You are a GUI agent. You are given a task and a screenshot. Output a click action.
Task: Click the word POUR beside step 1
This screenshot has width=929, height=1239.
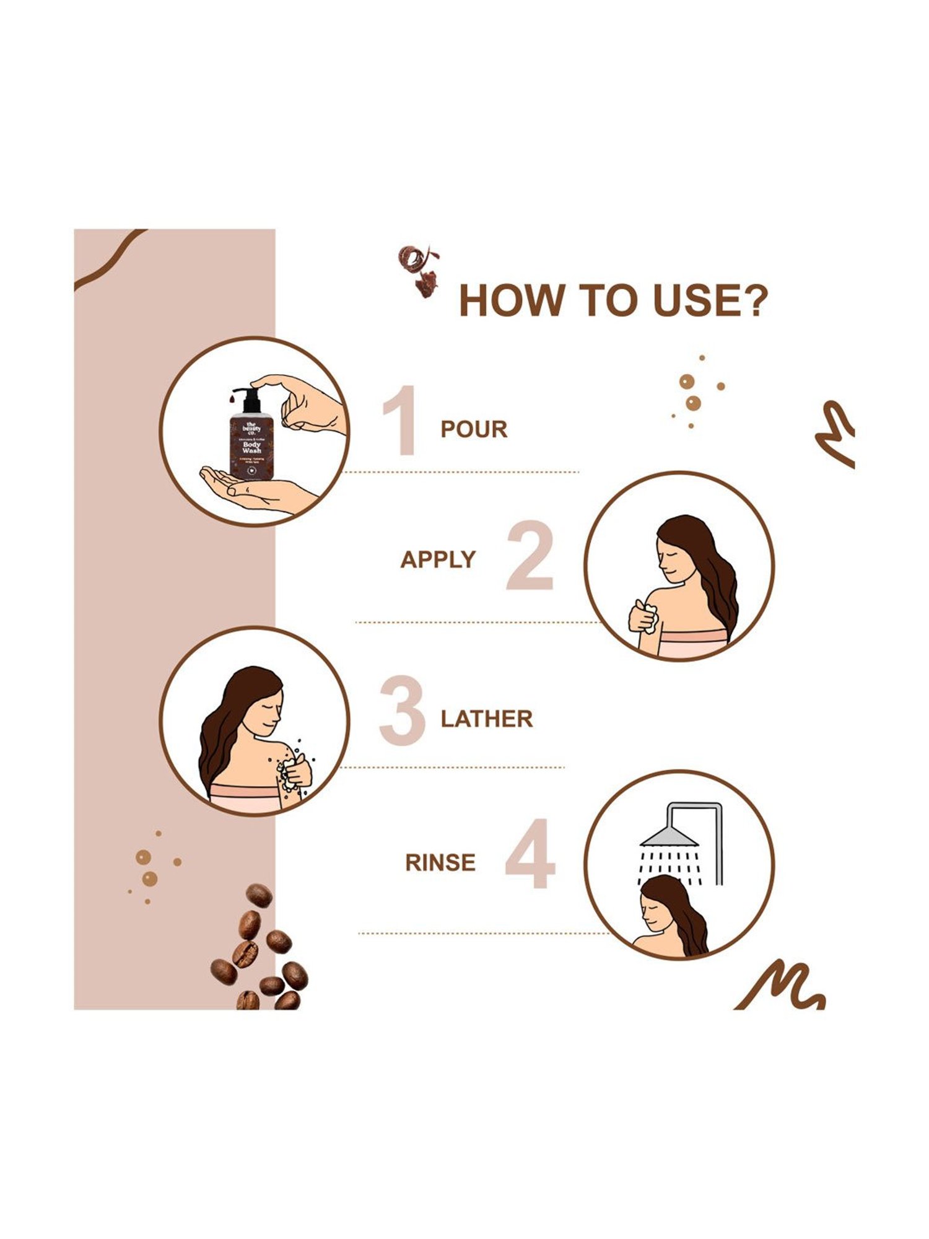click(x=474, y=429)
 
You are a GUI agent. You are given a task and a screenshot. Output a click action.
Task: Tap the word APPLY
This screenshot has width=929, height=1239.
click(x=437, y=560)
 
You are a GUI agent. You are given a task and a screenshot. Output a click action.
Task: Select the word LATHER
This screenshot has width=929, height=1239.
click(x=487, y=719)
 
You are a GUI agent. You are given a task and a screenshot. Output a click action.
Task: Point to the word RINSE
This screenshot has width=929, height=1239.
click(x=440, y=863)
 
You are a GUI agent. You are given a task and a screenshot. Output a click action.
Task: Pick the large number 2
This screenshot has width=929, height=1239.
click(x=530, y=556)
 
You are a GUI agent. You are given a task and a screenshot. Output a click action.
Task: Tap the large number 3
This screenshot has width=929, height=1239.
click(x=402, y=711)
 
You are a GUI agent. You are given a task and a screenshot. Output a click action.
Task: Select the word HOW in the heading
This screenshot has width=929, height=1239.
click(x=511, y=301)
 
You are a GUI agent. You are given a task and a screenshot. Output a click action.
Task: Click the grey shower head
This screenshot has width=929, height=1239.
click(x=669, y=836)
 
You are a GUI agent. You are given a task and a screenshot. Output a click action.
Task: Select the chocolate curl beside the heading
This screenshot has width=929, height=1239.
click(x=418, y=269)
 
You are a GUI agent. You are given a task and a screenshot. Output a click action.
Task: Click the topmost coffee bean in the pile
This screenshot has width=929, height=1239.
click(x=259, y=895)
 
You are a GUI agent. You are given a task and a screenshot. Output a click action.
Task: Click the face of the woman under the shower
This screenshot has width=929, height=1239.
click(x=656, y=911)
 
